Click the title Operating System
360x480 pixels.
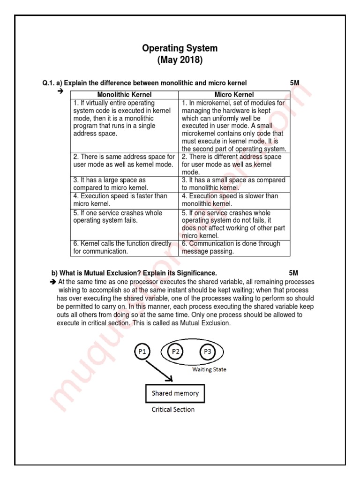tap(180, 48)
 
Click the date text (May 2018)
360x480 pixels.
tap(180, 60)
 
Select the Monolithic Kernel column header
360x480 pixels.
tap(124, 95)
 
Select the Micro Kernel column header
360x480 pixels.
tap(234, 95)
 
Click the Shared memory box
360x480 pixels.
tap(175, 394)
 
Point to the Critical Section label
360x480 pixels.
tap(173, 409)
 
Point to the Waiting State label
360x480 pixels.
tap(210, 369)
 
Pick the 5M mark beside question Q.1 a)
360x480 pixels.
tap(295, 83)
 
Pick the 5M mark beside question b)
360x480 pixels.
tap(293, 273)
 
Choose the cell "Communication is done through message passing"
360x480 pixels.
tap(234, 247)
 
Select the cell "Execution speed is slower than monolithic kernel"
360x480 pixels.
tap(234, 200)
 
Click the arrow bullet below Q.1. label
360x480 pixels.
tap(60, 91)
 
